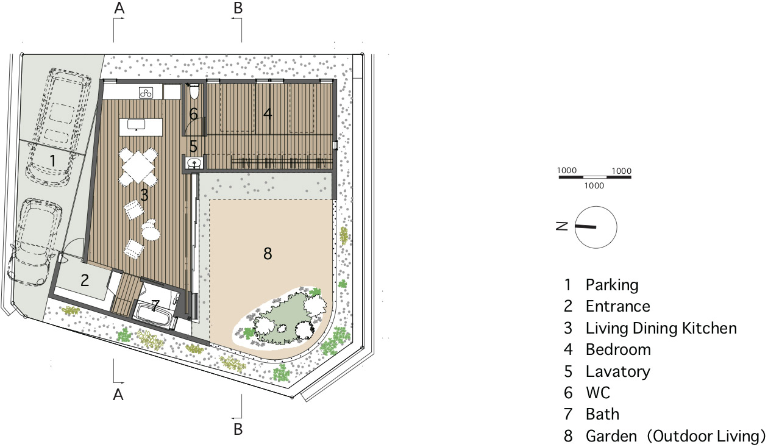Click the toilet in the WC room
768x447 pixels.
click(194, 91)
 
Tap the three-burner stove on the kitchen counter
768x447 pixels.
click(146, 93)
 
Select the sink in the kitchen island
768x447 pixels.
click(136, 124)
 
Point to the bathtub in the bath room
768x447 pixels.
click(154, 314)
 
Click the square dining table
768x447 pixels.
click(138, 166)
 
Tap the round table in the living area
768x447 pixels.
click(151, 234)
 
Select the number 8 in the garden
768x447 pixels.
click(268, 254)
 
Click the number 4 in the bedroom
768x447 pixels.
click(268, 113)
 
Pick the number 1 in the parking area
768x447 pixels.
click(52, 160)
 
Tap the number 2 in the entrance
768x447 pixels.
click(85, 281)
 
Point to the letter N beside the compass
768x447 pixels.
click(562, 226)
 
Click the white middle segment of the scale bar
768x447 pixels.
click(595, 177)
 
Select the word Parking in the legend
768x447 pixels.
click(612, 285)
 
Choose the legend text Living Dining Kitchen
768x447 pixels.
click(661, 328)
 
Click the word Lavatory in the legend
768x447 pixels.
click(618, 371)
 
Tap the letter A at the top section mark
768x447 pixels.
click(119, 8)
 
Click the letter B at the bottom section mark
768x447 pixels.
click(238, 429)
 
